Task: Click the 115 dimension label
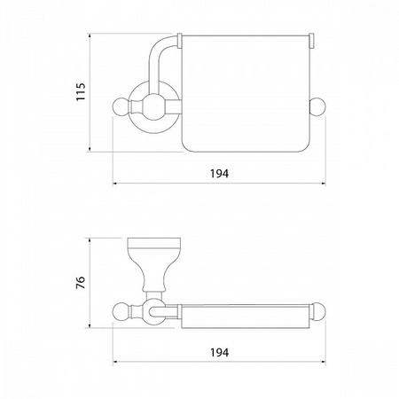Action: [x=81, y=92]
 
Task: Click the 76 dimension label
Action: [x=81, y=283]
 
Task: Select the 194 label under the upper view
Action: [x=220, y=174]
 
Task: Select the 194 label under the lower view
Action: [x=220, y=352]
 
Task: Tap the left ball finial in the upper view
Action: [x=121, y=106]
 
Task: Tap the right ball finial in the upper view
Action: [x=317, y=106]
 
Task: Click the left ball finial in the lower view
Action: [x=121, y=311]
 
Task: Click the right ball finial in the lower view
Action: [x=317, y=311]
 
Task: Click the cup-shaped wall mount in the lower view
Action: [x=154, y=263]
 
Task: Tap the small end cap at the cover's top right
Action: [x=312, y=41]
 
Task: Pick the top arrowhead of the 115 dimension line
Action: [x=90, y=36]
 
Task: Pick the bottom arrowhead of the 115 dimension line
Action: [x=90, y=149]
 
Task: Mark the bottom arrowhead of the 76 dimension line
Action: [x=90, y=325]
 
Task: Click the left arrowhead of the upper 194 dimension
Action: [x=116, y=184]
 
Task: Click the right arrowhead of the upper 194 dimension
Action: [x=323, y=184]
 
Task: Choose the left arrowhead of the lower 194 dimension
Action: [x=116, y=362]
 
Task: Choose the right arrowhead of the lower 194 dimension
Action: [x=323, y=362]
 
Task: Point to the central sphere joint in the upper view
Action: [x=153, y=106]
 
